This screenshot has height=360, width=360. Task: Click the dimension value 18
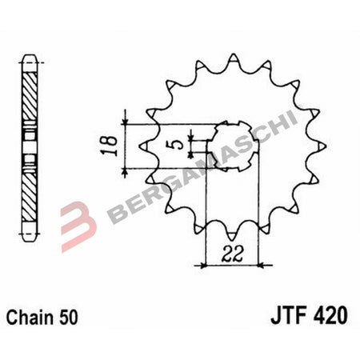point(114,144)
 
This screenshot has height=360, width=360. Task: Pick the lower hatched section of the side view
point(29,196)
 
